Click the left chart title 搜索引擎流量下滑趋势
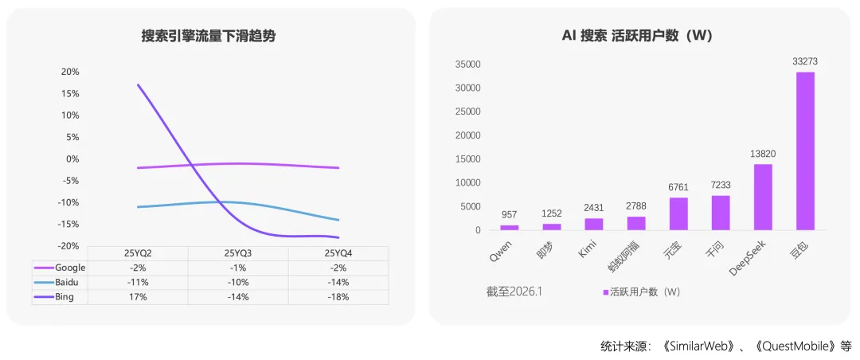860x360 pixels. pyautogui.click(x=209, y=36)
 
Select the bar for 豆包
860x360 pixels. pyautogui.click(x=805, y=151)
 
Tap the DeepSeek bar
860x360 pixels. pyautogui.click(x=762, y=197)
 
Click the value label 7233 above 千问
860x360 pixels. pyautogui.click(x=720, y=185)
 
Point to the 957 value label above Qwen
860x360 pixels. pyautogui.click(x=509, y=215)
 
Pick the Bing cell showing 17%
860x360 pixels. pyautogui.click(x=139, y=297)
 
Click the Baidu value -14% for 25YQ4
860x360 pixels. pyautogui.click(x=338, y=282)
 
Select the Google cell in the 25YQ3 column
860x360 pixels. pyautogui.click(x=238, y=268)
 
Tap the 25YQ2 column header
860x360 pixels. pyautogui.click(x=139, y=253)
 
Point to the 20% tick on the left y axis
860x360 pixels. pyautogui.click(x=70, y=72)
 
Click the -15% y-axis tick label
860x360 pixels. pyautogui.click(x=68, y=224)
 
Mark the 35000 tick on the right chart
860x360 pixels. pyautogui.click(x=467, y=65)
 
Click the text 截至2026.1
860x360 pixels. pyautogui.click(x=514, y=292)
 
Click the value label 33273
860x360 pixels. pyautogui.click(x=805, y=61)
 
